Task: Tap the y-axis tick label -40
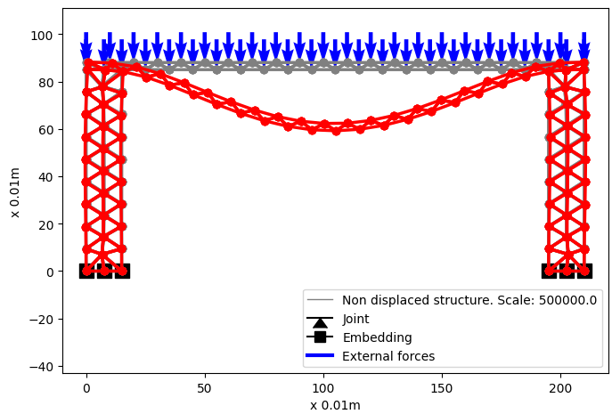[x=45, y=366]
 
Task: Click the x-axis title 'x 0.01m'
[x=335, y=405]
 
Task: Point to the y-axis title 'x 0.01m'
[x=16, y=191]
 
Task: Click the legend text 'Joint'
[x=355, y=319]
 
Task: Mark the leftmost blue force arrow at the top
[x=86, y=45]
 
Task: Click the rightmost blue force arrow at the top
[x=584, y=45]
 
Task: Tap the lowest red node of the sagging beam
[x=336, y=131]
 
